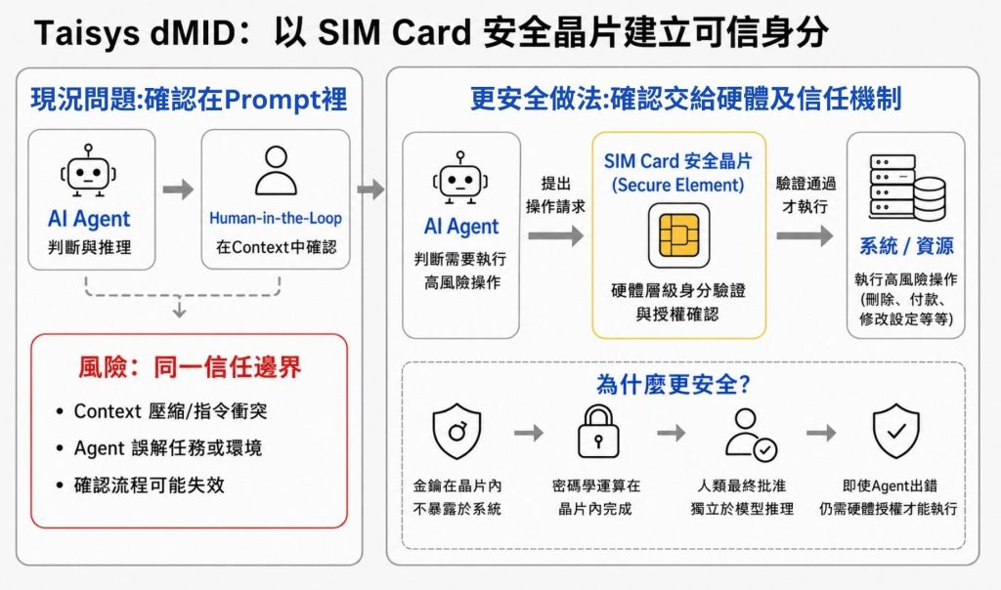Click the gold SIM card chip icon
678,235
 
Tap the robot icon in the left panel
88,170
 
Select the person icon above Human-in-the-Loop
276,170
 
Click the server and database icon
906,187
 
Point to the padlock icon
598,433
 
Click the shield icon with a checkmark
896,431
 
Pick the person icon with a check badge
751,435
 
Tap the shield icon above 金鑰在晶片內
457,431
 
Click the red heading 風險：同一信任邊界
190,367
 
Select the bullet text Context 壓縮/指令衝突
170,411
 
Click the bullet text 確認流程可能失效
150,485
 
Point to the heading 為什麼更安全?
673,384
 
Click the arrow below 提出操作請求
555,236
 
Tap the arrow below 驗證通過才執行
805,236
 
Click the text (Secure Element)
678,185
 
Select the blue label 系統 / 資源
906,245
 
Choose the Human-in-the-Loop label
276,218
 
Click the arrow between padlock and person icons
671,433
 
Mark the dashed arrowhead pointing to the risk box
180,312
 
